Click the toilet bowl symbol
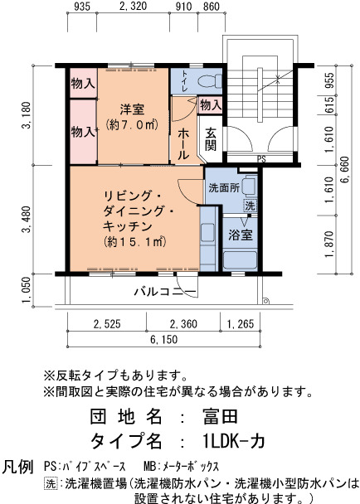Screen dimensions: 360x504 point(210,80)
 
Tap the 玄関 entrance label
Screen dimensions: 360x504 point(211,139)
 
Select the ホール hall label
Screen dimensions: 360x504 point(183,143)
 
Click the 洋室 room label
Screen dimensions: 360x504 point(132,109)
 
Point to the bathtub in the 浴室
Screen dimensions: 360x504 point(241,260)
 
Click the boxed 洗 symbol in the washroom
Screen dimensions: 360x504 point(250,206)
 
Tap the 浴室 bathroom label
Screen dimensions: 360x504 point(241,235)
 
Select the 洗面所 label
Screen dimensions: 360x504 point(224,187)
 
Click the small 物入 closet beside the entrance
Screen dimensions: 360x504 point(211,104)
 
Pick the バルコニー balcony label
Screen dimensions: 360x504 point(165,292)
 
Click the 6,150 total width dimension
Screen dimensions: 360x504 point(163,339)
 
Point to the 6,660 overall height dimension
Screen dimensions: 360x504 point(345,170)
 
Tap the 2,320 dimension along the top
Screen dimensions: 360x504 point(133,6)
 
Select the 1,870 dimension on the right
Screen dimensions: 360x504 point(329,245)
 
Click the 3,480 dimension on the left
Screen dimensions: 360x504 point(27,219)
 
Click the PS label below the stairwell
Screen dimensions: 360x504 point(261,159)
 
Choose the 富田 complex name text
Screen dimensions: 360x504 point(220,416)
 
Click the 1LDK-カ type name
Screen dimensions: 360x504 point(234,441)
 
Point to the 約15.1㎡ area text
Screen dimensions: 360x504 point(135,242)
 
